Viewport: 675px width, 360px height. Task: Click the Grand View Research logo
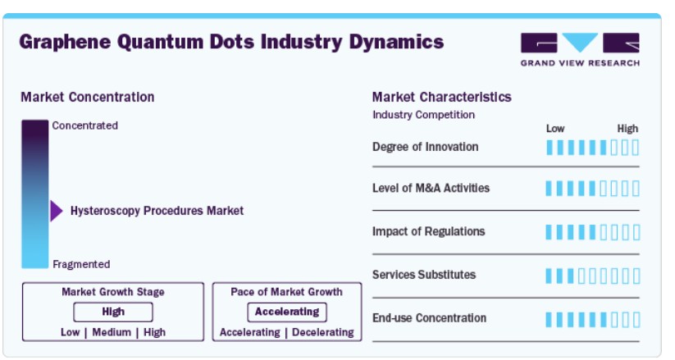[580, 49]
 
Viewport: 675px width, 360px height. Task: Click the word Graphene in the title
[65, 42]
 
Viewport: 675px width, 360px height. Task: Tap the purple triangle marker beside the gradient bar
[57, 211]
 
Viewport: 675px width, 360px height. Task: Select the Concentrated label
[84, 125]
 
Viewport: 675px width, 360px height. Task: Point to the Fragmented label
[81, 264]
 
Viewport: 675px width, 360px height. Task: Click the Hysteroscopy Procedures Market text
[157, 211]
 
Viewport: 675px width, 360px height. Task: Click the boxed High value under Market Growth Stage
[113, 312]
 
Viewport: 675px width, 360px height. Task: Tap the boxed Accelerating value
[287, 312]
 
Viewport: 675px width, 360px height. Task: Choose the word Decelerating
[323, 332]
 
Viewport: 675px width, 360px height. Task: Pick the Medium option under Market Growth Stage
[112, 332]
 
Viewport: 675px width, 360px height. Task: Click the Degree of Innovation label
[426, 147]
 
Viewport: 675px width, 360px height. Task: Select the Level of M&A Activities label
[431, 188]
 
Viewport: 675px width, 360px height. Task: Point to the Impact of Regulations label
[429, 232]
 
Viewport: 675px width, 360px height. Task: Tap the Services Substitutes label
[424, 275]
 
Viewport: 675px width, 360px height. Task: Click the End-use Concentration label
[429, 318]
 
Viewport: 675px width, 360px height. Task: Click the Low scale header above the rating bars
[555, 129]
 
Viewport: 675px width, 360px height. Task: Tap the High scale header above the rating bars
[627, 129]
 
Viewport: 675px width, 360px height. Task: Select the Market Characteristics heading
[442, 97]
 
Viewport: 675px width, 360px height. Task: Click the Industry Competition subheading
[423, 115]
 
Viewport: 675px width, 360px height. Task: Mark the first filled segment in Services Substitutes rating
[549, 276]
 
